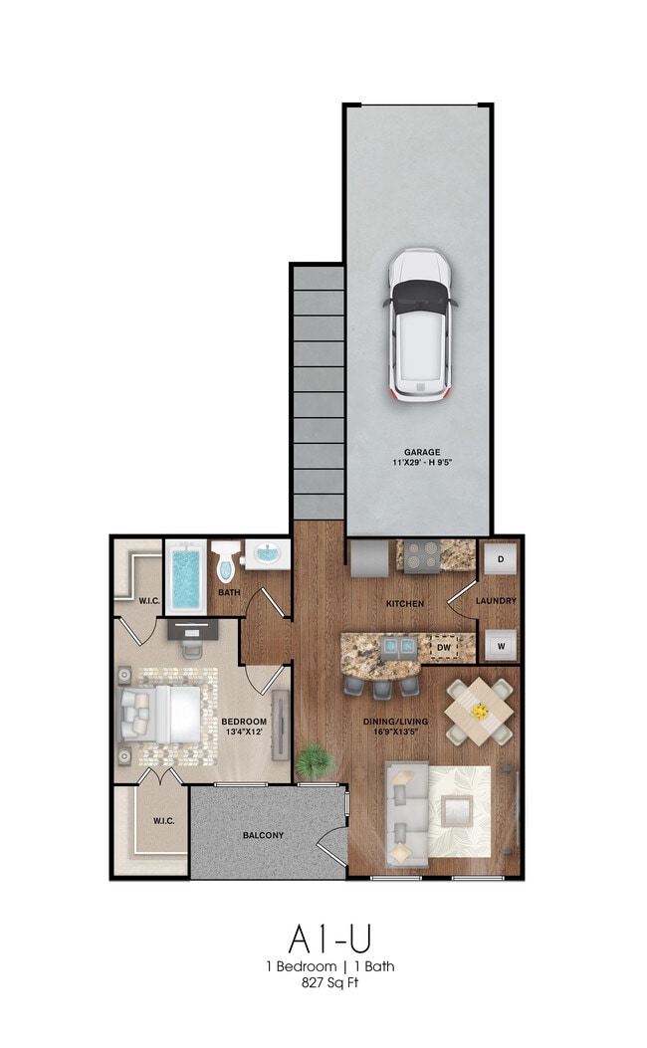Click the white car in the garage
(x=420, y=325)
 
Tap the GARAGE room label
(x=422, y=452)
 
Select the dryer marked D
(x=501, y=559)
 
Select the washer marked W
(x=501, y=646)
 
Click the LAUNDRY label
(x=496, y=601)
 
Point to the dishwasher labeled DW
(x=444, y=647)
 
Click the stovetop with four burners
(x=422, y=555)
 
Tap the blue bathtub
(x=186, y=578)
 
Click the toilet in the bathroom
(x=226, y=560)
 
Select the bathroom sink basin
(x=268, y=554)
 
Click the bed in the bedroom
(x=159, y=715)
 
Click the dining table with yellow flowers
(x=479, y=712)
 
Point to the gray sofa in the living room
(x=405, y=816)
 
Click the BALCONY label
(x=264, y=835)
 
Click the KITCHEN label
(x=405, y=603)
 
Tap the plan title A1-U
(x=329, y=939)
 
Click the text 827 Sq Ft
(x=330, y=983)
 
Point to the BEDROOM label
(x=244, y=722)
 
